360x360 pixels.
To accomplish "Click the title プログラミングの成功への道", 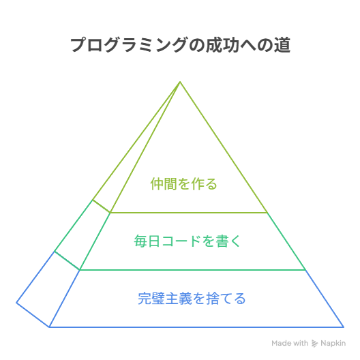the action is point(181,45).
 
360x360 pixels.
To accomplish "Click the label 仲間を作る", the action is point(183,184).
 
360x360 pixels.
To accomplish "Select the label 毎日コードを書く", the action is point(187,241).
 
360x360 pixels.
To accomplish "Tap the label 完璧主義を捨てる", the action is point(192,298).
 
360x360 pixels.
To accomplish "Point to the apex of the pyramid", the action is point(180,82).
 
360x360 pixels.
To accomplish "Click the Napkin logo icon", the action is point(314,344).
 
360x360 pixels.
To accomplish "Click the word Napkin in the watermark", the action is point(333,343).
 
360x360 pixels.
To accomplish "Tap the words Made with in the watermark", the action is point(290,343).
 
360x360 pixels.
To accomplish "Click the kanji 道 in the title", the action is point(282,45).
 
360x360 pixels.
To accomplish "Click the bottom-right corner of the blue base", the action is point(344,327).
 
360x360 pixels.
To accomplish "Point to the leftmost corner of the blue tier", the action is point(16,303).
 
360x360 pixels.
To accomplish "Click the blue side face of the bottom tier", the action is point(48,289).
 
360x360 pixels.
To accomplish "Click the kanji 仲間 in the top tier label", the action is point(164,184).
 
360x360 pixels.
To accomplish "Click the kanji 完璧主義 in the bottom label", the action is point(164,298).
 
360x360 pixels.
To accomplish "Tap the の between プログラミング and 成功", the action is point(197,45).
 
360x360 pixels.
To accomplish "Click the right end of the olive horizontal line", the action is point(267,213).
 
